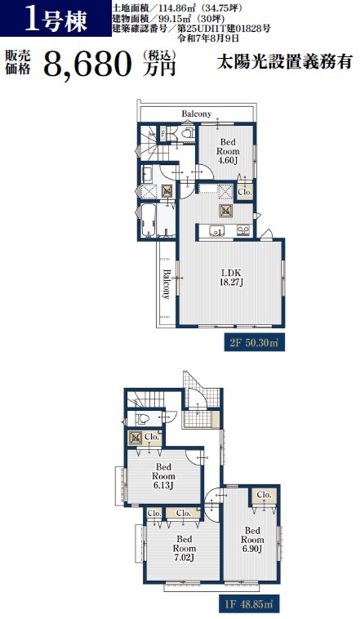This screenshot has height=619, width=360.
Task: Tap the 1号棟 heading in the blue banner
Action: (x=56, y=20)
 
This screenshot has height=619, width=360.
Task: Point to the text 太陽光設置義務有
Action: (x=284, y=62)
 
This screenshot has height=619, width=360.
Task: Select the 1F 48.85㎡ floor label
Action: (x=249, y=604)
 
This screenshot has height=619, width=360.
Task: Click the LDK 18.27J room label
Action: (x=231, y=277)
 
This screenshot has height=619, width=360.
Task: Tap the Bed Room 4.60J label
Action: (x=228, y=151)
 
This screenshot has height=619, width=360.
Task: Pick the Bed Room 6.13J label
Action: (x=163, y=476)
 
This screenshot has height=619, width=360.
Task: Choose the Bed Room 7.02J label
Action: (x=184, y=548)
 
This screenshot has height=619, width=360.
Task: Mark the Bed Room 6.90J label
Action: (x=252, y=539)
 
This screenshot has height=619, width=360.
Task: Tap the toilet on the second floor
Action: (x=187, y=132)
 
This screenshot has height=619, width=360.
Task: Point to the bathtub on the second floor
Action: (x=148, y=220)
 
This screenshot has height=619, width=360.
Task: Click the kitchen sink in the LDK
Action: (x=216, y=230)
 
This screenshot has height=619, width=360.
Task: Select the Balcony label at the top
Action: (x=196, y=114)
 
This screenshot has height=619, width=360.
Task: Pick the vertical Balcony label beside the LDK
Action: (x=167, y=284)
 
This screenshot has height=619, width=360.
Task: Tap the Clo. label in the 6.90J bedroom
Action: (x=264, y=495)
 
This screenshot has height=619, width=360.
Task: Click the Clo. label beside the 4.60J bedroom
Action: (x=245, y=192)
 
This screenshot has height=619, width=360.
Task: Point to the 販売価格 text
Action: (x=18, y=63)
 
